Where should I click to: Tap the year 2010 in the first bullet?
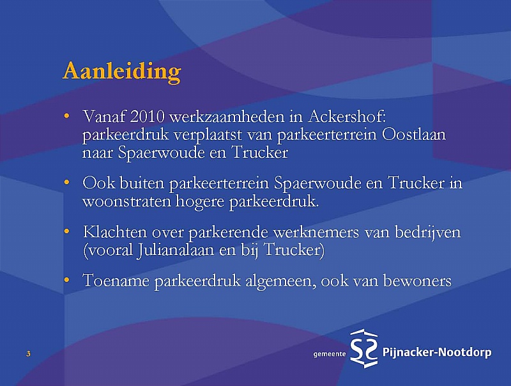pos(148,116)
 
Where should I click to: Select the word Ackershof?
pos(346,116)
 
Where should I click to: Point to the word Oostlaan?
pos(413,134)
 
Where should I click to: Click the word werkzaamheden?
pos(227,116)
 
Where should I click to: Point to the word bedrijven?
pos(427,233)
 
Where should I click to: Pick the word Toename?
pos(116,281)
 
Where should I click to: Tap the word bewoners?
pos(417,281)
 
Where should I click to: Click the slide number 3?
pos(28,353)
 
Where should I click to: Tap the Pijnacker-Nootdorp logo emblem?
pos(363,348)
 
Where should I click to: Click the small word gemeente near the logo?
pos(329,354)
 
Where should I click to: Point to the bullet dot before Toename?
pos(67,280)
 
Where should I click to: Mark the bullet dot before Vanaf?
pos(67,116)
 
